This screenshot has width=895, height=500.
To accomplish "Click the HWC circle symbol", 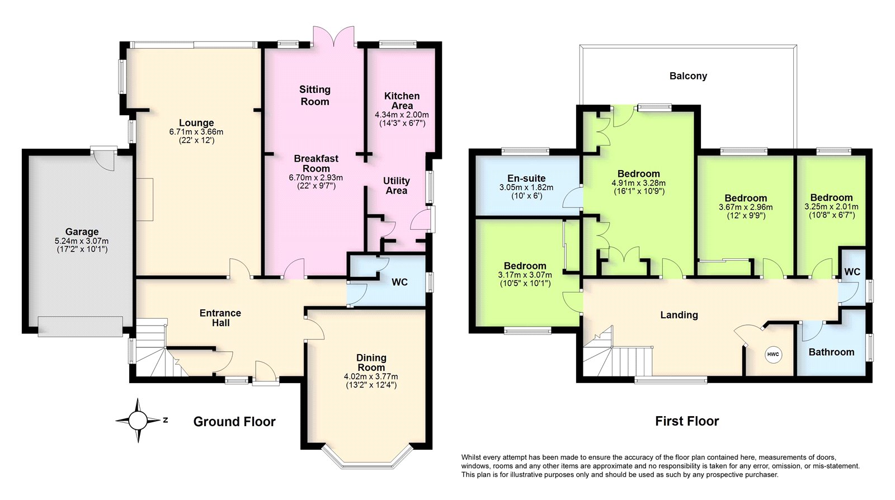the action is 773,355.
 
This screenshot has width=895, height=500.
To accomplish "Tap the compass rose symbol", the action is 138,420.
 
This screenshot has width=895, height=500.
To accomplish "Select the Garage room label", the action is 82,232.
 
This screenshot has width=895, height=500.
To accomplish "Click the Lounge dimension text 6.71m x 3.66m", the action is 196,132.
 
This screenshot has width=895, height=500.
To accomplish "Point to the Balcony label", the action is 688,76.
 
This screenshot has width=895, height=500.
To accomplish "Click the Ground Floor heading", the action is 234,421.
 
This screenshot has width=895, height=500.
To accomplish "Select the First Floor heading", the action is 687,421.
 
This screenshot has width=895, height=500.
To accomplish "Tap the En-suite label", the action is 526,178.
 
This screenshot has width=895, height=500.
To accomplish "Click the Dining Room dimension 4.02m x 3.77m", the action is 371,376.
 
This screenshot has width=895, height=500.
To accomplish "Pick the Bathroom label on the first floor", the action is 831,352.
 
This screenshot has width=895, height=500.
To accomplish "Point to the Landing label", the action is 679,315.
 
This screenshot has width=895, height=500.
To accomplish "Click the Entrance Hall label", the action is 220,318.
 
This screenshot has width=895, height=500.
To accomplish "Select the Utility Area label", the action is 397,186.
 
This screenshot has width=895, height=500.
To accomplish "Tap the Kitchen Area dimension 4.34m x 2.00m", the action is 402,115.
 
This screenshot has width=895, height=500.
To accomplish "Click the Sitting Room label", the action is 315,96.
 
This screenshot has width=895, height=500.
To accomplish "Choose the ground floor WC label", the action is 399,282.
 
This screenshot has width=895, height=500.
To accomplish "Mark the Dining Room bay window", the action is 367,459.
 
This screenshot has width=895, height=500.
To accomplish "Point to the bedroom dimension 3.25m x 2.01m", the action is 831,207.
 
